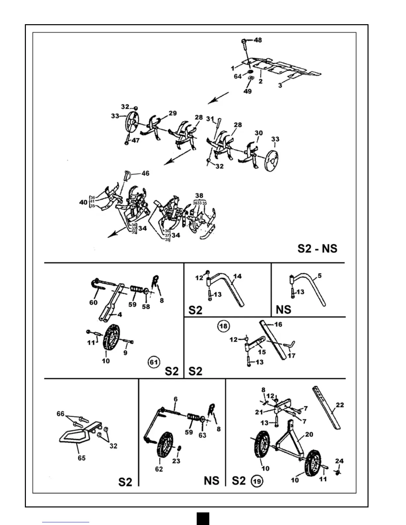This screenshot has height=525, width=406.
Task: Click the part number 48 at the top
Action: (x=258, y=40)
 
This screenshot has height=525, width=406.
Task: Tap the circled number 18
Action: (x=223, y=326)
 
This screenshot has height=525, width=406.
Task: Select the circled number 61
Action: (x=154, y=362)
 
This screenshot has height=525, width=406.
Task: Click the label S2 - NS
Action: (x=317, y=248)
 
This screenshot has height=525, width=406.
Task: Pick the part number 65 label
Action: (x=82, y=458)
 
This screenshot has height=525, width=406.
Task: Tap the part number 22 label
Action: (x=340, y=405)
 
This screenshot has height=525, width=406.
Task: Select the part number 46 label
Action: (x=145, y=173)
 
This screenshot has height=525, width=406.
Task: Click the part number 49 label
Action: (x=247, y=91)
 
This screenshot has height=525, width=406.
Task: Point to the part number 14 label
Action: (x=237, y=276)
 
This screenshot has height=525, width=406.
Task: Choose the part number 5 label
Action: (x=319, y=275)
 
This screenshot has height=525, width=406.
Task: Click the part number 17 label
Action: (x=292, y=356)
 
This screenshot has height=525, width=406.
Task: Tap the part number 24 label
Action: (x=339, y=461)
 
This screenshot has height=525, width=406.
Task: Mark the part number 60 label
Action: (x=93, y=302)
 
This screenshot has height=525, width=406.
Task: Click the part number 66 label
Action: (x=60, y=414)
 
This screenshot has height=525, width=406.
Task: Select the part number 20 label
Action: (x=309, y=434)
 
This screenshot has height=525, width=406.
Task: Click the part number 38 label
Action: (x=199, y=196)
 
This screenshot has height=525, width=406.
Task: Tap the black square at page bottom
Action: (x=203, y=518)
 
